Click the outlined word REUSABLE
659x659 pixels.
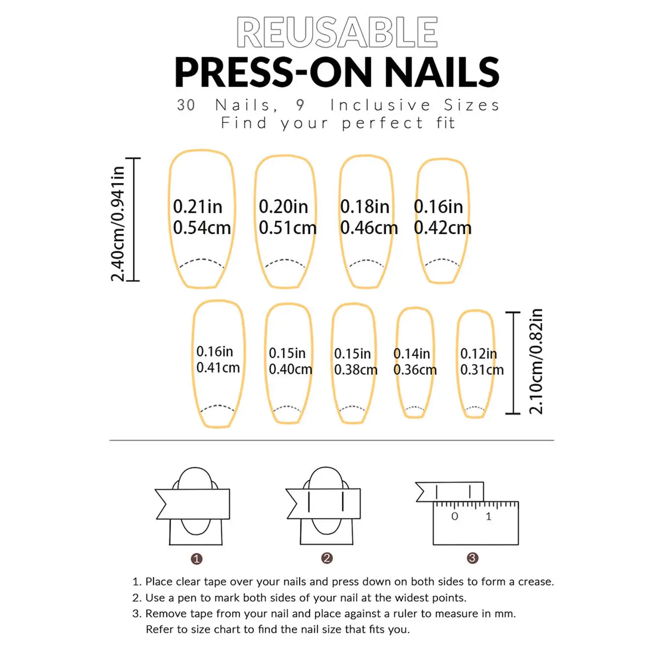pyautogui.click(x=337, y=32)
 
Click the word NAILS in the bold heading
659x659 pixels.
pyautogui.click(x=442, y=72)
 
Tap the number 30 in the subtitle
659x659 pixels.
pyautogui.click(x=186, y=105)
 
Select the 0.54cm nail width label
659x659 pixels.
pyautogui.click(x=202, y=228)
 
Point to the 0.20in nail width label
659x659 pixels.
pyautogui.click(x=283, y=207)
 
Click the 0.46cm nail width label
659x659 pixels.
pyautogui.click(x=369, y=228)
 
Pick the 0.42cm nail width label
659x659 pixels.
pyautogui.click(x=443, y=228)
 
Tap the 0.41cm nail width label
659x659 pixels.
pyautogui.click(x=218, y=368)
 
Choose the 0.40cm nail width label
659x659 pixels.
pyautogui.click(x=290, y=369)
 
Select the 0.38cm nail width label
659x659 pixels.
pyautogui.click(x=356, y=370)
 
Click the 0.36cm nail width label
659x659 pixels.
pyautogui.click(x=415, y=370)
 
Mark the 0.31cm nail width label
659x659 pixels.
pyautogui.click(x=482, y=370)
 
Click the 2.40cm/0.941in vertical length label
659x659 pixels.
pyautogui.click(x=118, y=224)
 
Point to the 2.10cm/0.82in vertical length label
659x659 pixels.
pyautogui.click(x=536, y=361)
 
